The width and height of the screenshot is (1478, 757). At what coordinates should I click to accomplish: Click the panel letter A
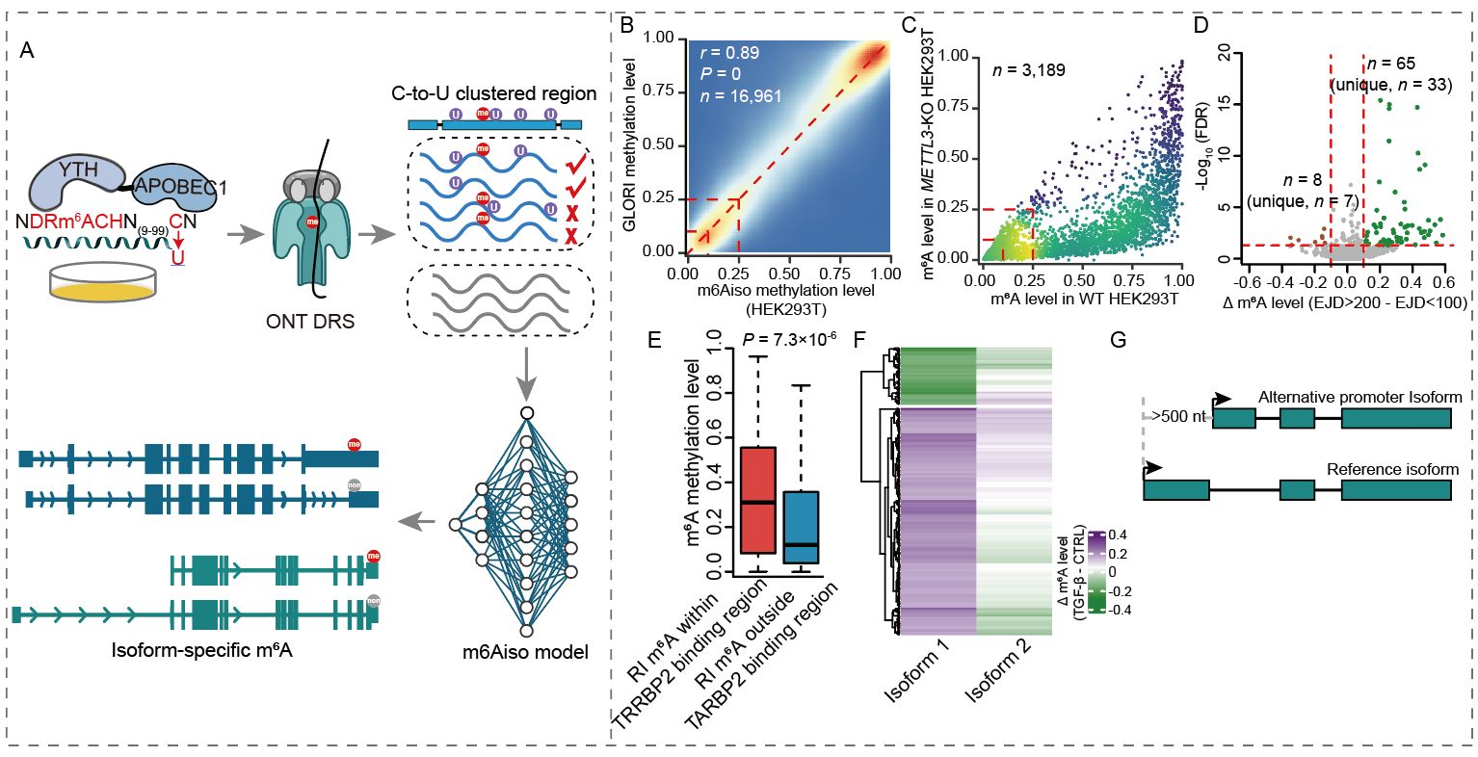[x=27, y=50]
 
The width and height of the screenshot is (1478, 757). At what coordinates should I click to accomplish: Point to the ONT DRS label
[x=309, y=321]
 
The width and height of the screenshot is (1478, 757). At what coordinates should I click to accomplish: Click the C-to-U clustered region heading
[x=493, y=93]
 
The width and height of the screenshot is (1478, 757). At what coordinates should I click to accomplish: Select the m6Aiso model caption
[x=525, y=652]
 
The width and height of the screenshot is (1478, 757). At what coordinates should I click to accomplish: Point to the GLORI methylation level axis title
[x=632, y=145]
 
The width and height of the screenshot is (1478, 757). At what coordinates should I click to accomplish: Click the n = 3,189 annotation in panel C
[x=1029, y=69]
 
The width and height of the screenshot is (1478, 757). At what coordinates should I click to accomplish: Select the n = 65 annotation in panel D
[x=1392, y=64]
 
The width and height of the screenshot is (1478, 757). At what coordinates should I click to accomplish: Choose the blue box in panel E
[x=801, y=527]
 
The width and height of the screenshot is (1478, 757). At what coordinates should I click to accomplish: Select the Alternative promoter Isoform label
[x=1359, y=397]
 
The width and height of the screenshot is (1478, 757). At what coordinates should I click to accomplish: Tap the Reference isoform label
[x=1392, y=469]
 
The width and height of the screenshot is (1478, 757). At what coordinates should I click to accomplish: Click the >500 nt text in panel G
[x=1178, y=417]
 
